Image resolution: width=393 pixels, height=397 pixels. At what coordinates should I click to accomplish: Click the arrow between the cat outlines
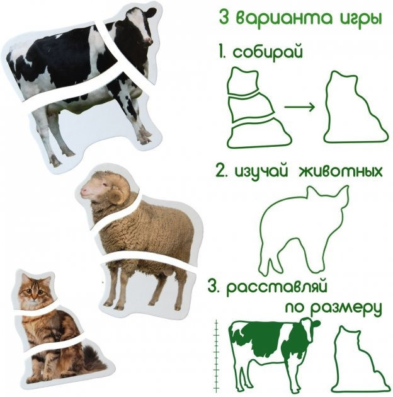tap(299, 106)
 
